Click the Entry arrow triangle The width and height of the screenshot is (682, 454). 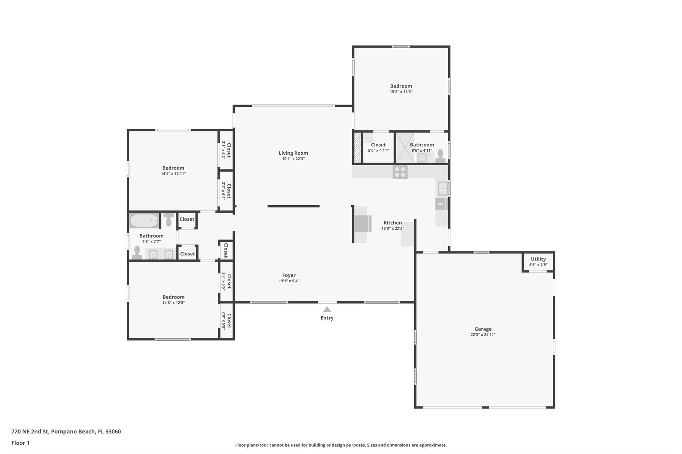[x=327, y=309]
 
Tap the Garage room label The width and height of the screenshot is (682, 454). [x=483, y=329]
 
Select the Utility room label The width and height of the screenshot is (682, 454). [x=538, y=259]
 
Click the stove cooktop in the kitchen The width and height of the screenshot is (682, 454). [x=400, y=172]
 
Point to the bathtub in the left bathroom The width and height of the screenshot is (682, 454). [x=144, y=221]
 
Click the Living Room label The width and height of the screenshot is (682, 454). [x=293, y=153]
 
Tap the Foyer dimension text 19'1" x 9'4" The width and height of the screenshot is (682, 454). [x=289, y=281]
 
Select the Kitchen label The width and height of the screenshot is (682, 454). [x=393, y=223]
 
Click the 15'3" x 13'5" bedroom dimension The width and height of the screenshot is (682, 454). [x=401, y=92]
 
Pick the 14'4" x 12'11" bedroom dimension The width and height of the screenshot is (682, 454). [x=173, y=174]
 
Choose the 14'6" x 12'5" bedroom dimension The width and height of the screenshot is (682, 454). [x=173, y=303]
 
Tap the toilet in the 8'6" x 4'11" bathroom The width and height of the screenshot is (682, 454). [x=441, y=156]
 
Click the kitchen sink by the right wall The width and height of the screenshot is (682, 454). [x=443, y=189]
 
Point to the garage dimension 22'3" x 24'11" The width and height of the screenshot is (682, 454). [x=483, y=335]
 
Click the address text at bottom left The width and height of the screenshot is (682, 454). [x=66, y=432]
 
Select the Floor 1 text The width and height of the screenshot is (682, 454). [x=21, y=443]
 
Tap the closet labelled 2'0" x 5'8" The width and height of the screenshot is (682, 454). [x=226, y=321]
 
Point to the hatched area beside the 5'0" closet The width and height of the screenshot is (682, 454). [x=357, y=148]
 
